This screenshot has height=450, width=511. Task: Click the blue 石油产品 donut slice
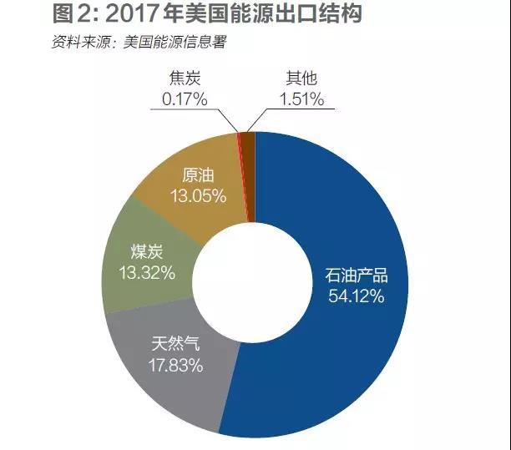click(359, 217)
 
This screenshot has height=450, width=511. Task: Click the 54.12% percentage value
click(356, 296)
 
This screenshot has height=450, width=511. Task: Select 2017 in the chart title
click(134, 16)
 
